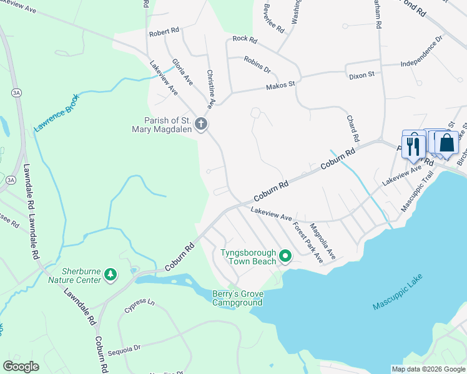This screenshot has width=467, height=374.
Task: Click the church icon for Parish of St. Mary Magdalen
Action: pos(201,123)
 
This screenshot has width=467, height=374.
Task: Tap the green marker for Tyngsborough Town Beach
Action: pos(285,256)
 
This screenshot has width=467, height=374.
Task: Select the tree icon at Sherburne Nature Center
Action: pos(111,274)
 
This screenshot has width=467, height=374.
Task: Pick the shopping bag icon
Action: pos(447,143)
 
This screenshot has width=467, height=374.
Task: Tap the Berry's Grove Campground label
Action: pos(237,298)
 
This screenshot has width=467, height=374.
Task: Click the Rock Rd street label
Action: pos(245,39)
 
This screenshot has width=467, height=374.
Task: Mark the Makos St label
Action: pos(280,85)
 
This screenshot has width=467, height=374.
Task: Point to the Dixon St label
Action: pos(361,74)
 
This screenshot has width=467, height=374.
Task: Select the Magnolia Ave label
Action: pos(323,242)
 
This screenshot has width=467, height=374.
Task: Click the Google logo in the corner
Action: pos(21,366)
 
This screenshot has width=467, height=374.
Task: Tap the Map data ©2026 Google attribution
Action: pos(428,368)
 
